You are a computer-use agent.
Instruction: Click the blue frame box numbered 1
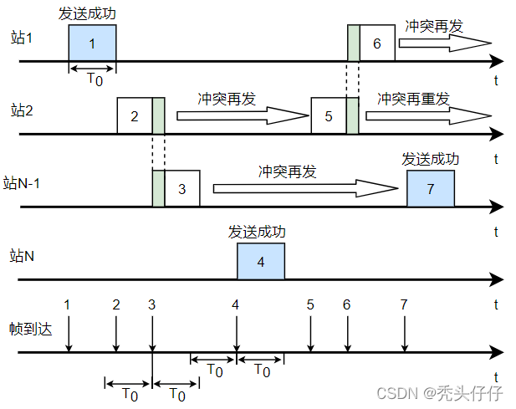92,43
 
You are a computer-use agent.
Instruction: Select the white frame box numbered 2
135,115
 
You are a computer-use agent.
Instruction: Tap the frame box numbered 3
182,188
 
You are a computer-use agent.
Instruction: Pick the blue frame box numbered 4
261,261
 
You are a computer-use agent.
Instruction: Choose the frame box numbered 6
377,43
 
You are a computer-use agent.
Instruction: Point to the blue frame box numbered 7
431,188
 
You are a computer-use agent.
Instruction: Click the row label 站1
23,38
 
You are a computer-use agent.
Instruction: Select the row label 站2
23,110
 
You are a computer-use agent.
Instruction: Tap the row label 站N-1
28,182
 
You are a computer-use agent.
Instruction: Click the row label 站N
23,255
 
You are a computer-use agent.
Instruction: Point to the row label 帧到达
31,328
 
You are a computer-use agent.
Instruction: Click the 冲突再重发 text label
412,99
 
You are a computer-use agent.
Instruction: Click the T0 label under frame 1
95,79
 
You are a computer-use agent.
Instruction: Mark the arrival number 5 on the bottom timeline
310,304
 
